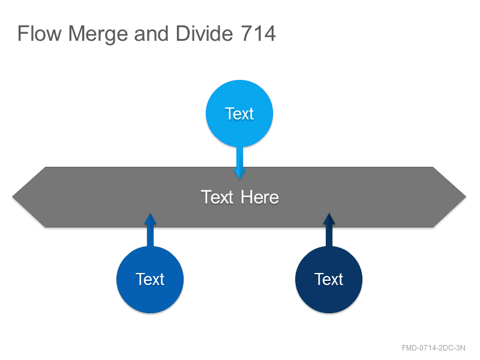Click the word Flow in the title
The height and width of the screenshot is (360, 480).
(x=40, y=34)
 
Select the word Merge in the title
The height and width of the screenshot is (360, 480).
(x=98, y=34)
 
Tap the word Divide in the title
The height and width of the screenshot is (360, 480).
(x=205, y=33)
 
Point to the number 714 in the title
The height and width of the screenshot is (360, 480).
(x=259, y=34)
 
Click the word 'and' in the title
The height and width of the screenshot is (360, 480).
(x=151, y=33)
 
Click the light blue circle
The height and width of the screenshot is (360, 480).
(x=239, y=113)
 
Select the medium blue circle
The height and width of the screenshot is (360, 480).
(x=150, y=280)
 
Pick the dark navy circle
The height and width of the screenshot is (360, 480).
(x=329, y=280)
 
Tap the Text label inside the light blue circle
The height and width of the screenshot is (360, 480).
(x=239, y=113)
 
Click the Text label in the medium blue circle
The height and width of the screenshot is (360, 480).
(x=150, y=279)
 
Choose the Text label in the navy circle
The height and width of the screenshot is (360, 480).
(x=329, y=279)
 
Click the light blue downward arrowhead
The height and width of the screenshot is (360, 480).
(x=239, y=173)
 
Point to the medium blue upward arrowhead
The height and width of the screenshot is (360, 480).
(x=150, y=219)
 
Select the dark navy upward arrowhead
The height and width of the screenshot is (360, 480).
(x=329, y=219)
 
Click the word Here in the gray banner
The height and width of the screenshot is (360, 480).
(x=260, y=197)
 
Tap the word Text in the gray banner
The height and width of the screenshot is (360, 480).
(x=217, y=197)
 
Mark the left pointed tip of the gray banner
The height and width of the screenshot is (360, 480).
(x=12, y=197)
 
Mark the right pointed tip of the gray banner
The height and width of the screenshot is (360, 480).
(x=466, y=197)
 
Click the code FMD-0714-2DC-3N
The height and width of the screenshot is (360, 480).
(x=433, y=348)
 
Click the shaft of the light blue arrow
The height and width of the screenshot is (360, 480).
(x=239, y=157)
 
